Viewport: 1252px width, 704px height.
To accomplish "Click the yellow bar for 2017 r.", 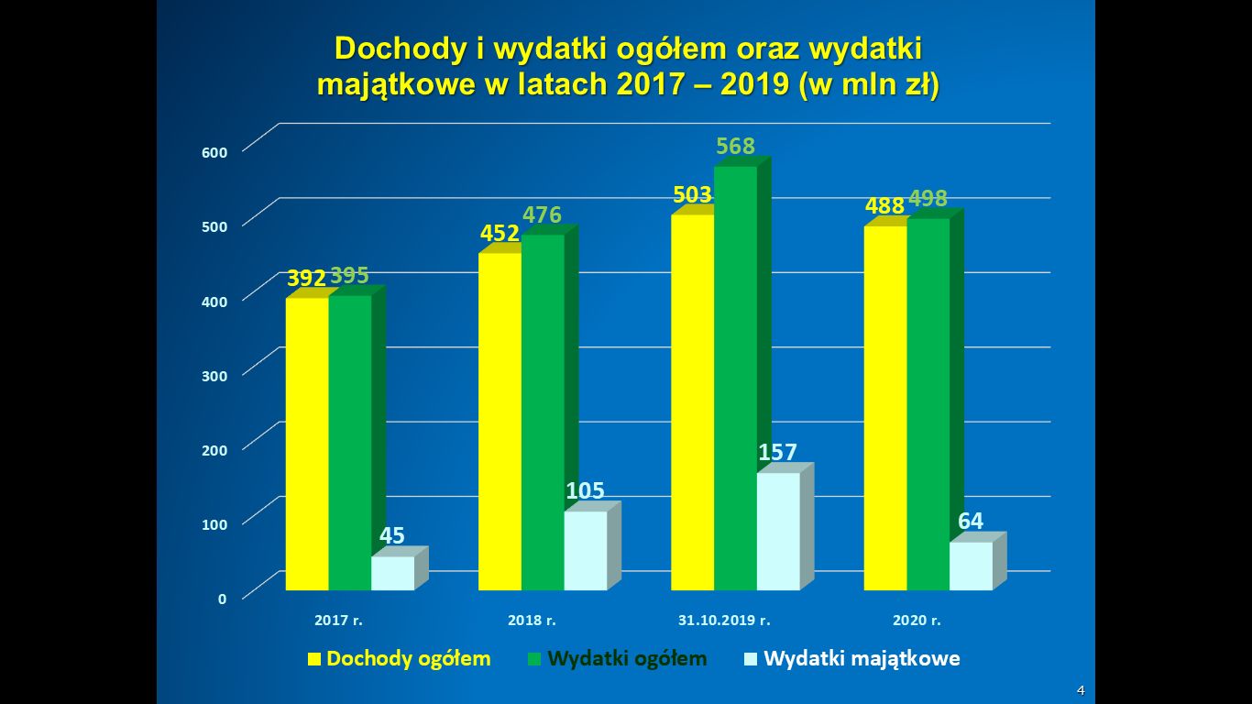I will pos(307,445).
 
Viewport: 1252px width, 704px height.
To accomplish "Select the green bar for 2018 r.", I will pos(543,412).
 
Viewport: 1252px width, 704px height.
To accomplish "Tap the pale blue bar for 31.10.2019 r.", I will pos(778,532).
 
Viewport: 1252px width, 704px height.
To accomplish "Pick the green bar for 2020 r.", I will pos(928,404).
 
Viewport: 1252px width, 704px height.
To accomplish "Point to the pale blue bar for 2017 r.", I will pos(392,573).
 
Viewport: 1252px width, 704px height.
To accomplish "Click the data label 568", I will pos(735,147).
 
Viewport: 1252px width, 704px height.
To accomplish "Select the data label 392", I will pos(306,279).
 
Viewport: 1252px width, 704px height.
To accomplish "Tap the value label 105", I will pos(585,491).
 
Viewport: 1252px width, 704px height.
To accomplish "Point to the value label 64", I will pos(971,522).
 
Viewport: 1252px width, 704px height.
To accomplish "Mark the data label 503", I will pos(692,195).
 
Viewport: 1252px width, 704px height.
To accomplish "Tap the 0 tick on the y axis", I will pos(222,599).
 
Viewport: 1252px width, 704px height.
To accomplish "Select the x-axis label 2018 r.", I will pos(533,621).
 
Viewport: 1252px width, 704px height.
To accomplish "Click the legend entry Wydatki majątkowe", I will pos(862,658).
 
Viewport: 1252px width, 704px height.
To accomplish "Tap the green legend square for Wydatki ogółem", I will pos(534,658).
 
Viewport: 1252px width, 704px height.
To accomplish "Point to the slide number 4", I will pos(1081,689).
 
